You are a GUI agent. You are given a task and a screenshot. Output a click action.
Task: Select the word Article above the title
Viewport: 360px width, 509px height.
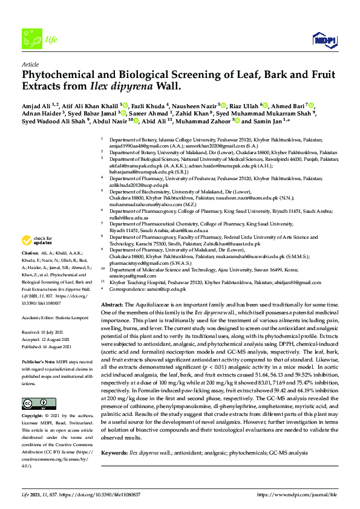30,64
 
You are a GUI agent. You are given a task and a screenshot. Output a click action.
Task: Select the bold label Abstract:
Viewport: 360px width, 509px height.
111,306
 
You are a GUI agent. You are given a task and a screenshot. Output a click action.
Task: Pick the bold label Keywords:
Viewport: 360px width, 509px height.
114,452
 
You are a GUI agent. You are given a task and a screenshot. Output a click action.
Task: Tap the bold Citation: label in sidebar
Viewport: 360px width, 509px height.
30,270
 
